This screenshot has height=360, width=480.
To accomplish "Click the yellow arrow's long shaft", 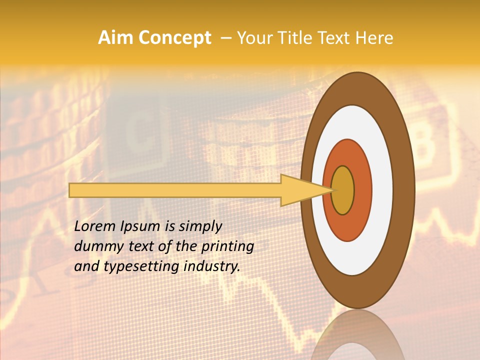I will pos(175,190).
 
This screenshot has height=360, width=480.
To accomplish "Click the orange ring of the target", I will pos(362,190).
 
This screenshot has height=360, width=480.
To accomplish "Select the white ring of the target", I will pos(382,190).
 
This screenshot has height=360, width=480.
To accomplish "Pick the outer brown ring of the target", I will pos(404,190).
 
